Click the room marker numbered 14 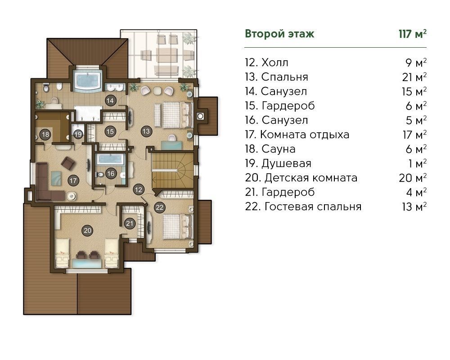pos(110,100)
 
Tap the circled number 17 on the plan pos(73,180)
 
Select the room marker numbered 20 pos(88,230)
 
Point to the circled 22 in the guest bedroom pos(160,207)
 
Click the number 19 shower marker pos(78,135)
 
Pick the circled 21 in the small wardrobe pos(130,223)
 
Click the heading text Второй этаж pos(279,34)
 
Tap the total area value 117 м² pos(412,34)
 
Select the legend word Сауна pos(279,149)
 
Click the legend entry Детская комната pos(311,178)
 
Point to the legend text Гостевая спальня pos(313,207)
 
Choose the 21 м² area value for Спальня pos(414,77)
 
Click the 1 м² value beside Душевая pos(418,164)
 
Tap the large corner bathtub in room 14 pos(88,80)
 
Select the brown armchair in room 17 pos(68,163)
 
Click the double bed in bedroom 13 pos(173,115)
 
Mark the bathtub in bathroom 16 pos(110,160)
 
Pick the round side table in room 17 pos(71,196)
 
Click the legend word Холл pos(274,63)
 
